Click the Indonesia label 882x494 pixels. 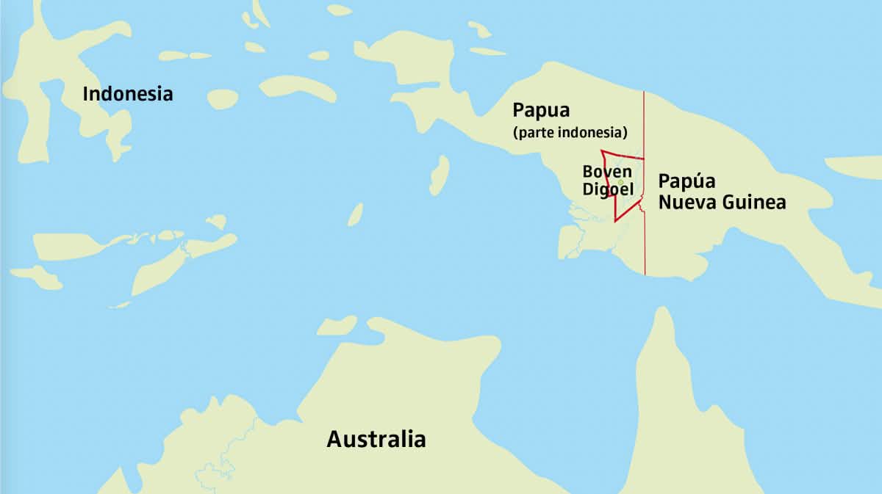[x=128, y=94]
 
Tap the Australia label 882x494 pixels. [x=376, y=440]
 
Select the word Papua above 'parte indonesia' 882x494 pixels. [x=541, y=111]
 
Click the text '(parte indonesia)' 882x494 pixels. [x=570, y=134]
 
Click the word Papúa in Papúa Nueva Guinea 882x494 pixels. [x=686, y=181]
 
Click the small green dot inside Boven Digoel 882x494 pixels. [x=620, y=182]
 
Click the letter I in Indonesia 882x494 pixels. [x=85, y=94]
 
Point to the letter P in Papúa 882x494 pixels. [x=664, y=181]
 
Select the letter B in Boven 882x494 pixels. [x=587, y=171]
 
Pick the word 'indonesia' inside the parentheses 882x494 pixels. [x=593, y=134]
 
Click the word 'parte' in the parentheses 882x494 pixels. [x=533, y=134]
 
